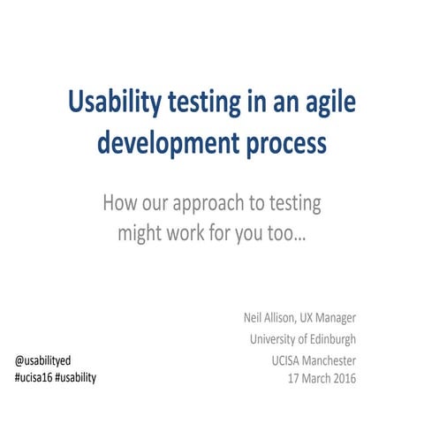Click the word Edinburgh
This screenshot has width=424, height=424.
tap(331, 339)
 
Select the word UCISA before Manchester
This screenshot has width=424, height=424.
tap(289, 360)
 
